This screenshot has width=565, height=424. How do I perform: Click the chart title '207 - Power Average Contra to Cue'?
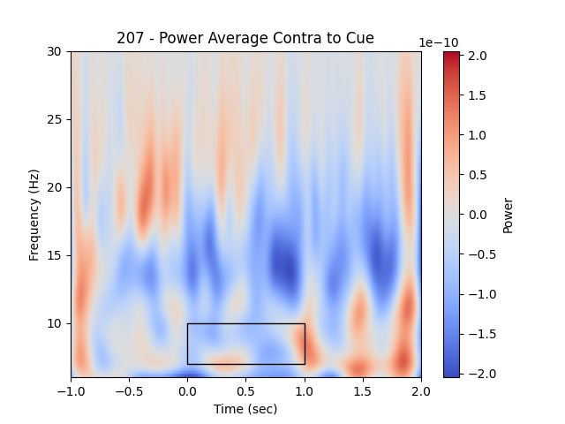coord(245,38)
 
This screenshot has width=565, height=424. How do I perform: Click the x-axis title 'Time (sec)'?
coord(245,409)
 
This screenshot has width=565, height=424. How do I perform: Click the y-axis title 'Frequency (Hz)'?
coord(34,214)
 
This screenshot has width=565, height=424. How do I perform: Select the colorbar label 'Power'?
coord(508,215)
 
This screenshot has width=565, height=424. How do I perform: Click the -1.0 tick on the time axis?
coord(71,390)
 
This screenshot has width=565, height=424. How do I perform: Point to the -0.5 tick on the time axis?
coord(129,390)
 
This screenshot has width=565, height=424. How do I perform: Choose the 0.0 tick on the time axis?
coord(187,390)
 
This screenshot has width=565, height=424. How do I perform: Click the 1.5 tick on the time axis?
coord(362,390)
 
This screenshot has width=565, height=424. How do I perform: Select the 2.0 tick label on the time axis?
coord(420,390)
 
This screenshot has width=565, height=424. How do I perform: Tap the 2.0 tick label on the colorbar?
coord(478,56)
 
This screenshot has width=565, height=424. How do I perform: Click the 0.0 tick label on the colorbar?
coord(478,215)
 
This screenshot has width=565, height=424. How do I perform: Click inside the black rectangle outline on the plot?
coord(245,344)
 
